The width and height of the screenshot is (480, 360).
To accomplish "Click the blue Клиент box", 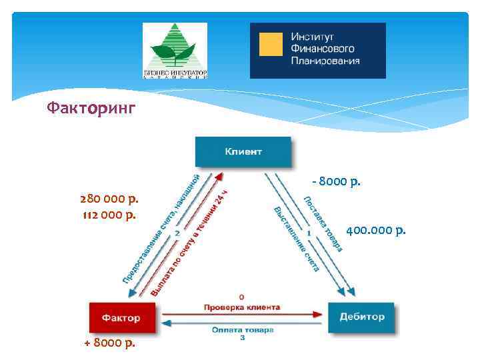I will click(x=243, y=151).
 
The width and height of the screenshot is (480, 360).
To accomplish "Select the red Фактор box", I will click(x=121, y=317).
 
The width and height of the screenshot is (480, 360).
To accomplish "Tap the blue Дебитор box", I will click(x=361, y=317).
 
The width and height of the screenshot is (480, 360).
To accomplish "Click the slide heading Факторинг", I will click(x=91, y=107).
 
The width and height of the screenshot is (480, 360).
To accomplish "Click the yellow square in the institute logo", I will click(x=270, y=44).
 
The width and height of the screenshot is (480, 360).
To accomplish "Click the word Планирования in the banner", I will click(x=325, y=61).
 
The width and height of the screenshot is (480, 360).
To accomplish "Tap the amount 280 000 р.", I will click(x=109, y=199).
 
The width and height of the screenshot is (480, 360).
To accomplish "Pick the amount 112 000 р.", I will click(x=109, y=214).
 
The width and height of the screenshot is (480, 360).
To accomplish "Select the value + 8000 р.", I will click(x=109, y=343).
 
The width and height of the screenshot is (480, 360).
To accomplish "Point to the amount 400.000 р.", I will click(x=376, y=231).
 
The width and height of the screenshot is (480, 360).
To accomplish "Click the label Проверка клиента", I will click(x=242, y=307).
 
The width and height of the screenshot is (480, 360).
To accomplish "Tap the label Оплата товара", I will click(x=243, y=329).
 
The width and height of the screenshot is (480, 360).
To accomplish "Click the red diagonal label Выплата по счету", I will click(x=190, y=243).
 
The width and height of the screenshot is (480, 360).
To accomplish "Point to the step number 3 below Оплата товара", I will click(x=243, y=339).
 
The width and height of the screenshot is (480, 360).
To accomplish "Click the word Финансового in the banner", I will click(x=322, y=49).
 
